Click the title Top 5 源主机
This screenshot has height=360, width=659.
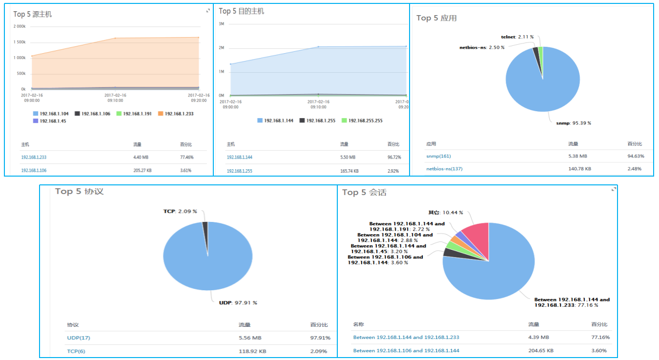[32, 15]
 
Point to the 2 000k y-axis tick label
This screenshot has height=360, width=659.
[20, 27]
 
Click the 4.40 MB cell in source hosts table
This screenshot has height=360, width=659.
[141, 158]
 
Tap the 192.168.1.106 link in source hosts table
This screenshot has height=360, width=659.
[34, 170]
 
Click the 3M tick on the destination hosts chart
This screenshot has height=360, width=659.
[221, 24]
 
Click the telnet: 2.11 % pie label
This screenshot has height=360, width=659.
[517, 37]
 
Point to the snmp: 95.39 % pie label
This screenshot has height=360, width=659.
[574, 123]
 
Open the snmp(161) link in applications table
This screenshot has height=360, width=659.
[438, 156]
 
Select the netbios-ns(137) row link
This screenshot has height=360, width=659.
[444, 169]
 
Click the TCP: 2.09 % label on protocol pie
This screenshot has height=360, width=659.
[180, 211]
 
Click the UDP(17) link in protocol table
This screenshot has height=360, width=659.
[79, 338]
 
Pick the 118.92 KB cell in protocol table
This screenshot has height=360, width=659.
[253, 351]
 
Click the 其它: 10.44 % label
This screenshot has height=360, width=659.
[445, 213]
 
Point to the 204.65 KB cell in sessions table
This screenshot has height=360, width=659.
[540, 350]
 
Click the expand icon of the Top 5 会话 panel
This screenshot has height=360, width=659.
[614, 189]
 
